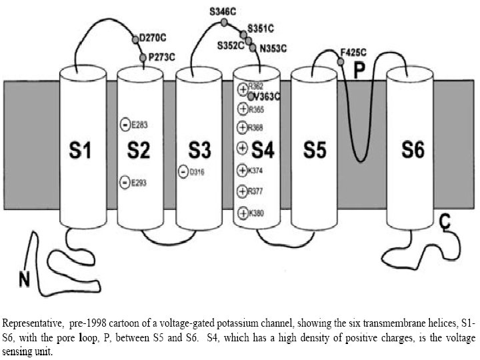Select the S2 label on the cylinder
pos(139,151)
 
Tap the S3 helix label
pos(198,151)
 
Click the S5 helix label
pos(314,151)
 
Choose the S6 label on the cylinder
pos(413,151)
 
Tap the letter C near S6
pos(445,223)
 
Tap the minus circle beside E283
pos(125,123)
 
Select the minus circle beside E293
pos(125,181)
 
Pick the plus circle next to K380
pos(243,213)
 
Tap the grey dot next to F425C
pos(341,61)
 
